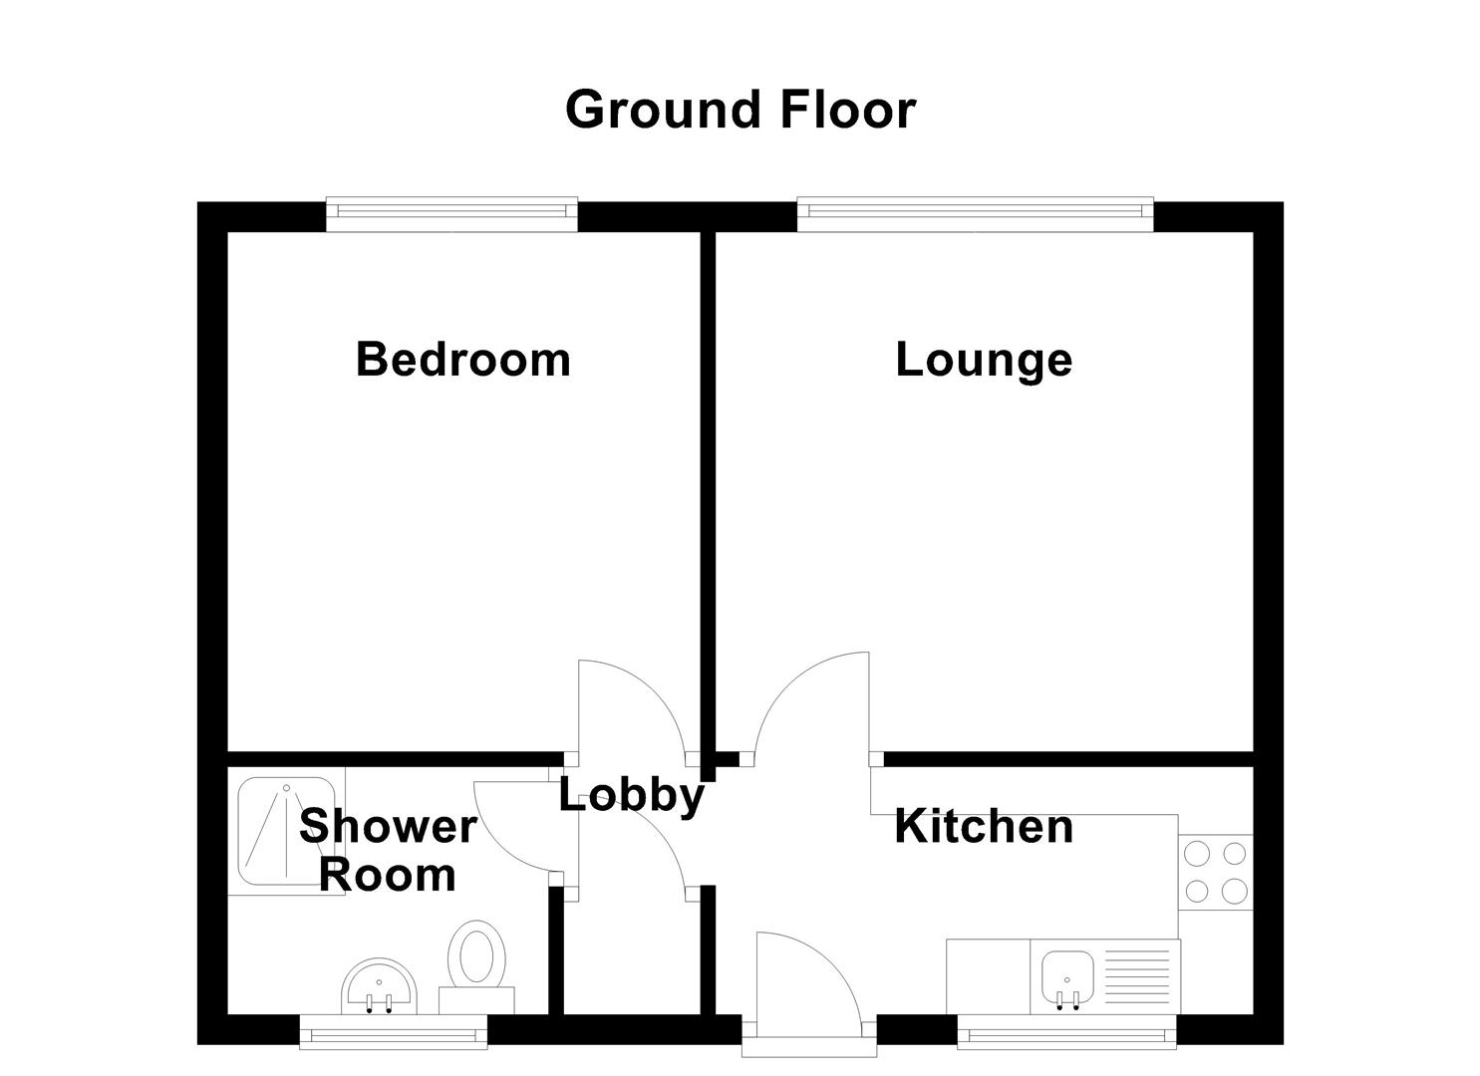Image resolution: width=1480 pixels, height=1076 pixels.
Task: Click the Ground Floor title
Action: pyautogui.click(x=740, y=110)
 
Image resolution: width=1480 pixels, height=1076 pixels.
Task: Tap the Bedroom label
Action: pyautogui.click(x=463, y=359)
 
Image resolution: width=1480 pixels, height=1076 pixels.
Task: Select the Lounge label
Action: pyautogui.click(x=984, y=360)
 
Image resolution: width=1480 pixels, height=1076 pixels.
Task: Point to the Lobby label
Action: pyautogui.click(x=631, y=795)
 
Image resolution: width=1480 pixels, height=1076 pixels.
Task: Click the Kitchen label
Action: pyautogui.click(x=984, y=827)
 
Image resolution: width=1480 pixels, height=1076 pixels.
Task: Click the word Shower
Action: pyautogui.click(x=388, y=827)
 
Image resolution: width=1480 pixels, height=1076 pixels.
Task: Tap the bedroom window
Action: pyautogui.click(x=451, y=212)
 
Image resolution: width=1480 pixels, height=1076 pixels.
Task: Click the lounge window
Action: pyautogui.click(x=975, y=212)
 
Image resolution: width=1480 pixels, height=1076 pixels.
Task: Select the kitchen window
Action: pyautogui.click(x=1066, y=1034)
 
